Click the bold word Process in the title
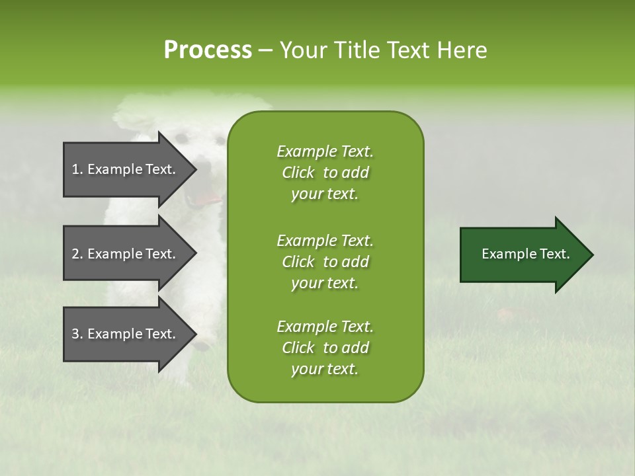pos(208,50)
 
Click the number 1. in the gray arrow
pos(77,169)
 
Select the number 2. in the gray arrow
pos(77,254)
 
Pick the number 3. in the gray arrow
pos(77,334)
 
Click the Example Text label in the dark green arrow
pos(525,254)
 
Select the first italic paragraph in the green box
pos(325,173)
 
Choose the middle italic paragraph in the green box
pos(325,261)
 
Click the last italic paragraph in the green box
pos(325,348)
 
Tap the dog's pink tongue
pos(208,198)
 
